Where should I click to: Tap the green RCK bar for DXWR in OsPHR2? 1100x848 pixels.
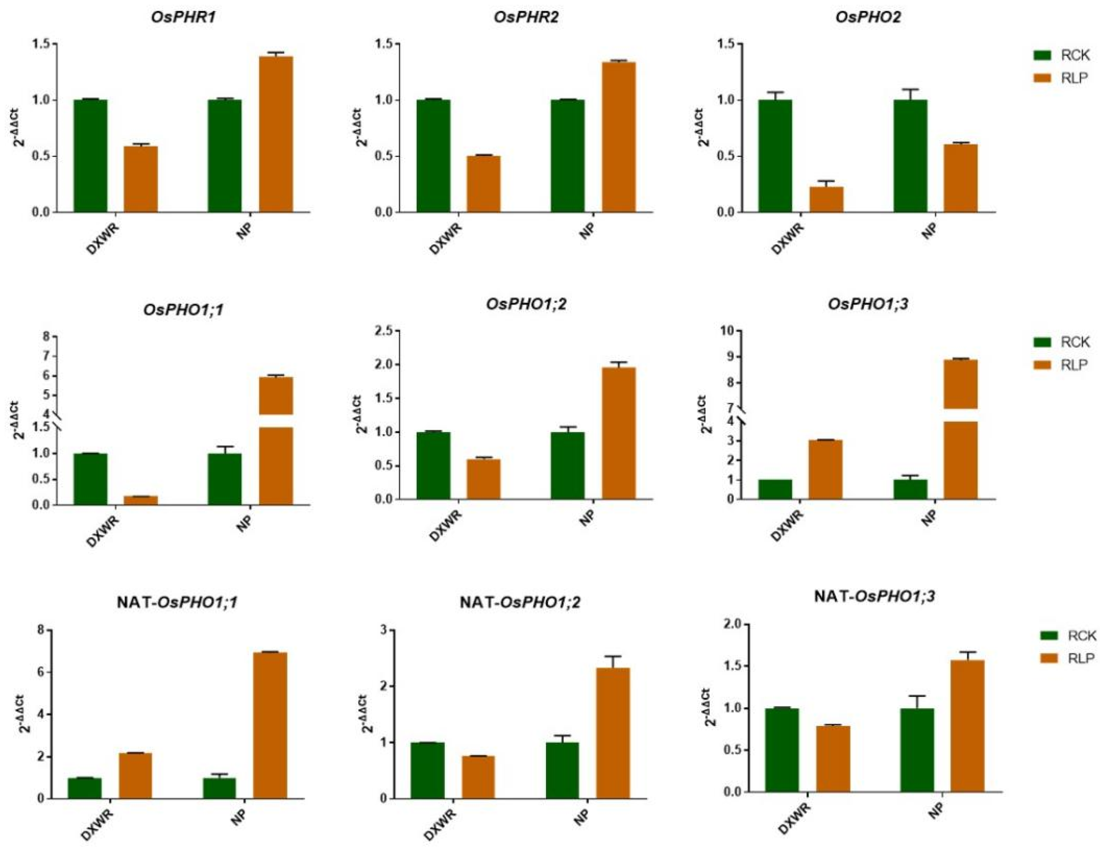[433, 156]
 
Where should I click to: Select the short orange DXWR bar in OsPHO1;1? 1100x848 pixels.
[141, 500]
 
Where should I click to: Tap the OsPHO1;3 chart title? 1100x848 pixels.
[868, 304]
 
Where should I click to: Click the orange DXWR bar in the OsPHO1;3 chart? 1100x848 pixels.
[825, 469]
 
